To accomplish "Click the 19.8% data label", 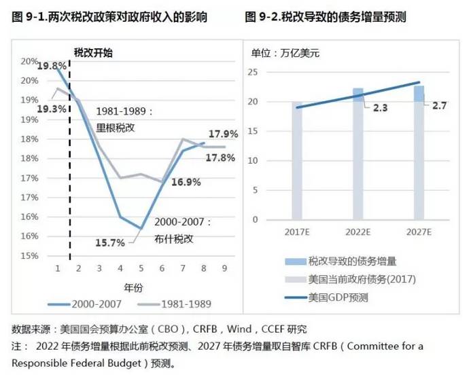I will click(52, 66).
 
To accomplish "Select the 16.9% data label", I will click(185, 182).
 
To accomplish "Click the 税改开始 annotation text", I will click(94, 52).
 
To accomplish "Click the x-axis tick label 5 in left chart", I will click(141, 268).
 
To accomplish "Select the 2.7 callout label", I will click(439, 106).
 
